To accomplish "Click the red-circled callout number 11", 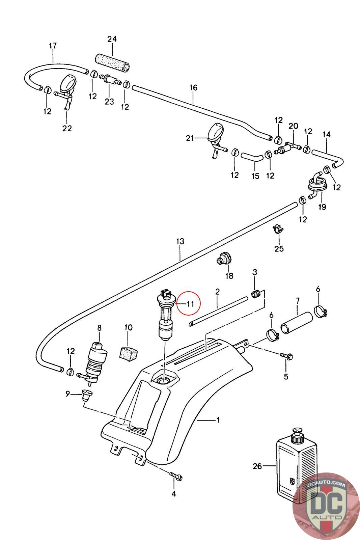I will [190, 304].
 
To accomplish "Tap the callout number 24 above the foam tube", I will [112, 39].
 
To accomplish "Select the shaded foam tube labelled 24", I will [112, 62].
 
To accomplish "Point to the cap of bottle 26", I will [298, 435].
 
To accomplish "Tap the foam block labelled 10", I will [129, 352].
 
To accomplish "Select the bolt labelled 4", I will [175, 477].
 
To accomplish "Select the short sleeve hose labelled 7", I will [297, 323].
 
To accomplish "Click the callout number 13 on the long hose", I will [180, 242].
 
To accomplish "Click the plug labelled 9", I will [87, 394].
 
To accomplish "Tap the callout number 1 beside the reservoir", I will [218, 420].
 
